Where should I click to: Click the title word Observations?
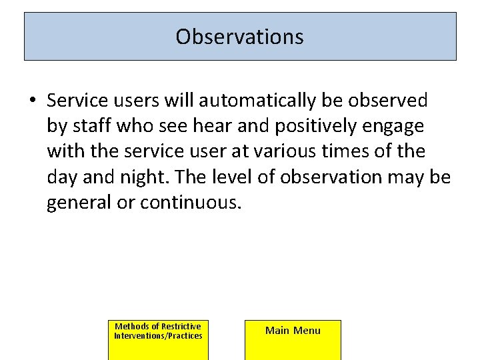(239, 36)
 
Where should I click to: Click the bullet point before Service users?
(32, 101)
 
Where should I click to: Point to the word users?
(139, 101)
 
